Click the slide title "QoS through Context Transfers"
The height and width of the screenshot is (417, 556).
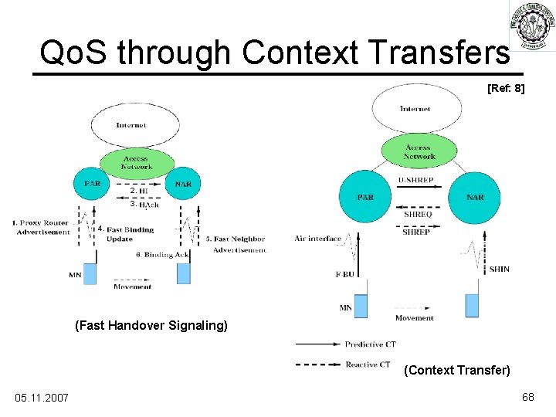click(274, 53)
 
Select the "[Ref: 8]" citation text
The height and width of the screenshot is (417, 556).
click(506, 89)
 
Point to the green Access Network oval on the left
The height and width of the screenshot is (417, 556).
click(136, 161)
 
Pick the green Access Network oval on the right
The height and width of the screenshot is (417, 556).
click(419, 151)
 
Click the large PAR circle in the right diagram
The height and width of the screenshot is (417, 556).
click(366, 197)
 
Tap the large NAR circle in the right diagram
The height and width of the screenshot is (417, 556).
click(475, 197)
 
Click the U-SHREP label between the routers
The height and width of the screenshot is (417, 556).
click(416, 181)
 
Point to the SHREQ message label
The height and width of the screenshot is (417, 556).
click(418, 214)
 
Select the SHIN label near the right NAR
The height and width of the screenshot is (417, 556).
click(499, 269)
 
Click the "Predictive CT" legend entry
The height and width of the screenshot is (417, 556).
click(370, 344)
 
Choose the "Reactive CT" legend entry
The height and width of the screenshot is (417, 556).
click(367, 364)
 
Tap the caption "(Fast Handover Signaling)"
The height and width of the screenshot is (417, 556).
click(151, 326)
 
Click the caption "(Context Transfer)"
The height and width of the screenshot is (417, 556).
click(457, 371)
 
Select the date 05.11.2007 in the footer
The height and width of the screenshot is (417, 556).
click(42, 397)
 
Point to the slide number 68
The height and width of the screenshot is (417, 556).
click(528, 397)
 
